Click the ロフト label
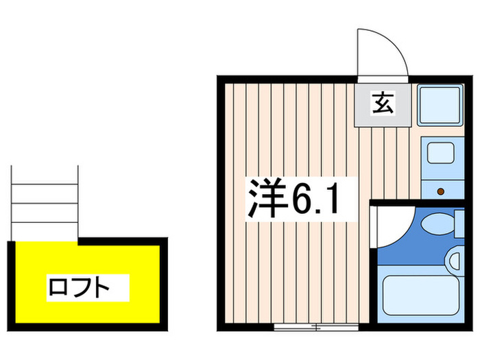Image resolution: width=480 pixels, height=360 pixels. [79, 288]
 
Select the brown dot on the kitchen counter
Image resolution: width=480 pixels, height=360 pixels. [441, 191]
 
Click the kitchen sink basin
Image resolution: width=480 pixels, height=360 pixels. [440, 153]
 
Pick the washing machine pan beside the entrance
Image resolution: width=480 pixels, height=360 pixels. [440, 105]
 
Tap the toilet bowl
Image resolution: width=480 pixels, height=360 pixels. [437, 224]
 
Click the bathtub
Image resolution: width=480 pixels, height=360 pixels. [421, 295]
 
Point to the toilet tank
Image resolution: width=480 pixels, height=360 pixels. [459, 224]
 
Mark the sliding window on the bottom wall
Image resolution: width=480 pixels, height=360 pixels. [316, 327]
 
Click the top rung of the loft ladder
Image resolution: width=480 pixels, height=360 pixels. [45, 184]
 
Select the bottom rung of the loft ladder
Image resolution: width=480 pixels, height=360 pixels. [45, 223]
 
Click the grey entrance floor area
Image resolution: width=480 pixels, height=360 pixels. [383, 105]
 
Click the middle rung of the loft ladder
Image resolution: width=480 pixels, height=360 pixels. [45, 203]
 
